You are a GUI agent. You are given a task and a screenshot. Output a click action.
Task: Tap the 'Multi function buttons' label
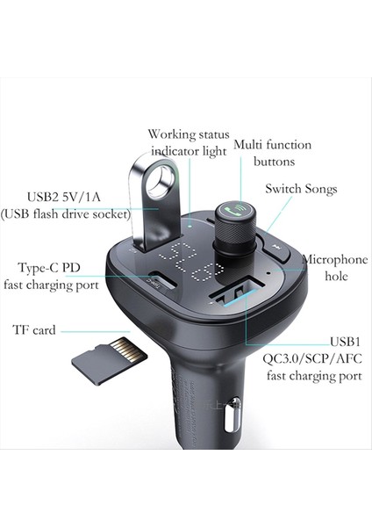[263, 153]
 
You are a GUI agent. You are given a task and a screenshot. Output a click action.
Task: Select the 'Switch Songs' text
[301, 189]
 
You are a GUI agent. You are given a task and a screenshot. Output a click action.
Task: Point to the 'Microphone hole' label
[337, 268]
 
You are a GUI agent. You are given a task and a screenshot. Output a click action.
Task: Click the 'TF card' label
[34, 330]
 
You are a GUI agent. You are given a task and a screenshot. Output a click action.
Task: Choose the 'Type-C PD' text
[54, 267]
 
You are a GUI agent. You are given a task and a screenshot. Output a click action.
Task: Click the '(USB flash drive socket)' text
[67, 213]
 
